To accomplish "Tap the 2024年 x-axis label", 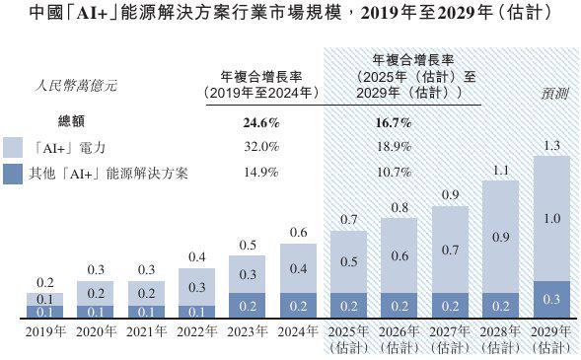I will (297, 332).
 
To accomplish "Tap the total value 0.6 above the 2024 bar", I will (297, 233).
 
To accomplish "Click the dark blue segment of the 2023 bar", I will (246, 306).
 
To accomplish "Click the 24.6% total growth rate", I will (261, 124).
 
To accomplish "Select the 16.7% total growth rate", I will (394, 124).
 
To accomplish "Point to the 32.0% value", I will (261, 147).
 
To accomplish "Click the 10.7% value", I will (394, 172).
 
